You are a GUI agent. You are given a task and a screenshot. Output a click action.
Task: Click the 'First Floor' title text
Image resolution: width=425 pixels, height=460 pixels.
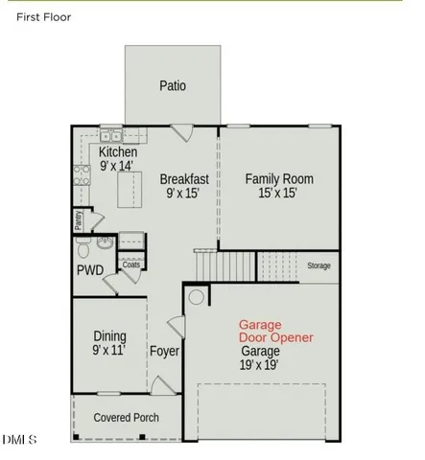pos(43,17)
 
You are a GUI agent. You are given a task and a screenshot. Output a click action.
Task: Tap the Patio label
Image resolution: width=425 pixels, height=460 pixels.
pos(173,86)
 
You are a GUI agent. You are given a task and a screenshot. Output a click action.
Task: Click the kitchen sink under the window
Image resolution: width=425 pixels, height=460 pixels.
pos(109,136)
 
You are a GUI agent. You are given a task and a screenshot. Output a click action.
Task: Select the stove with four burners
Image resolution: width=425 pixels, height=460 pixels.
pos(80,174)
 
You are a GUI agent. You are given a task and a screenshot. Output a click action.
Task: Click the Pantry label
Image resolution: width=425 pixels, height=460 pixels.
pos(79,220)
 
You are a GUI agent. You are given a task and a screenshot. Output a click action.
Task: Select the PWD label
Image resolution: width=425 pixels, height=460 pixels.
pos(90,271)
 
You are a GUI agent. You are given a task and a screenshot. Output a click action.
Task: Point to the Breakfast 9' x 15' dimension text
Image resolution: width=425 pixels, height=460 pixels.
pos(184,186)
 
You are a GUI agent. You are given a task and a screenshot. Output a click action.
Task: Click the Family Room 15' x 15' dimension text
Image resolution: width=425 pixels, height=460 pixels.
pos(278,186)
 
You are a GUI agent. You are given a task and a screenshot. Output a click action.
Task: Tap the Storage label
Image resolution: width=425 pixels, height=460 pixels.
pos(319,265)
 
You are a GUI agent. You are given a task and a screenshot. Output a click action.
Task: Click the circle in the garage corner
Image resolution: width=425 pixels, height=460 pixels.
pos(197,297)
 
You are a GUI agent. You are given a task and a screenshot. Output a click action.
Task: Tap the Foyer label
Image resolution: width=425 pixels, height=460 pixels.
pos(164,352)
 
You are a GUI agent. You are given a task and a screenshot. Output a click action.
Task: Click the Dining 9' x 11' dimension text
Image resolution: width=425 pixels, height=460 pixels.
pos(108,343)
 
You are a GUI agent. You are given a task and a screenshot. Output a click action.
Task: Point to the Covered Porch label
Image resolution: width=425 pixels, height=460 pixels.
pos(126,418)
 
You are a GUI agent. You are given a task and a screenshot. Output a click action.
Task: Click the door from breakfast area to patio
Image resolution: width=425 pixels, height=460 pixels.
pos(180,133)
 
